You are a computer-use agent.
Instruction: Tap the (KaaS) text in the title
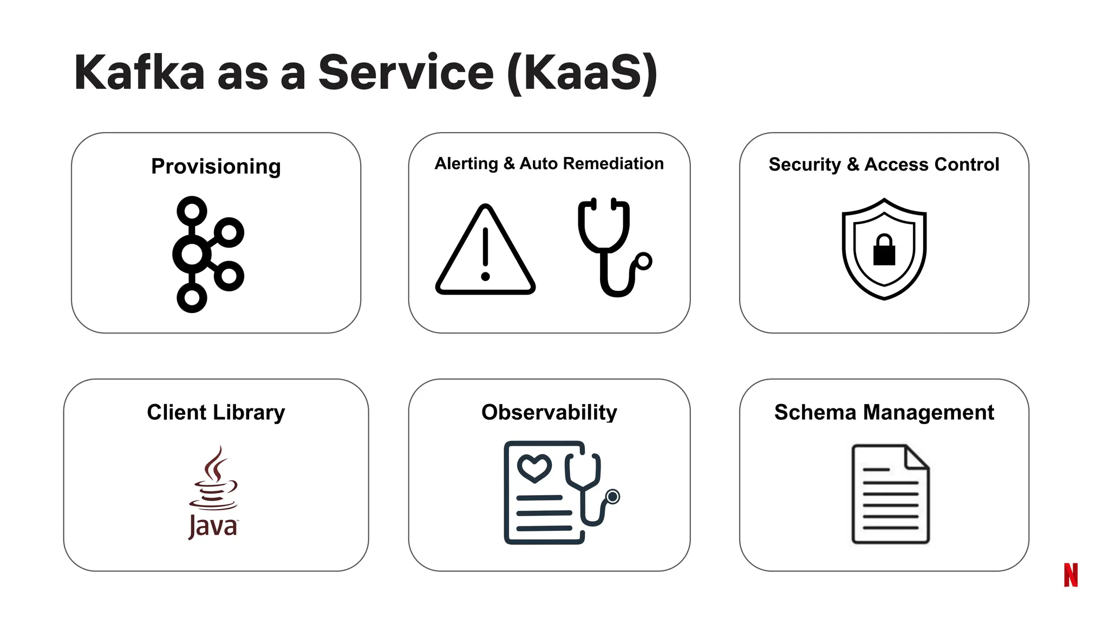point(583,73)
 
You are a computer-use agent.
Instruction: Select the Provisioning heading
point(216,166)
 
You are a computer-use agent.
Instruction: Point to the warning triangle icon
point(485,252)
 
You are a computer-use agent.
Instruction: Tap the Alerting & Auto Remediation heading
point(549,164)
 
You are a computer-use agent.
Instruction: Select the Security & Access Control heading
point(884,164)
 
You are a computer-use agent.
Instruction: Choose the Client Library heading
point(216,412)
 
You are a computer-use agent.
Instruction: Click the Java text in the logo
point(213,526)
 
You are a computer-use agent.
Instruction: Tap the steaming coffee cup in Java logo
point(214,479)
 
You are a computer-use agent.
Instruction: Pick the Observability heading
point(549,412)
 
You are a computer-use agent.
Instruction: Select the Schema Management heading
point(884,412)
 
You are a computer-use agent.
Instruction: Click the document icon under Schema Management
point(890,494)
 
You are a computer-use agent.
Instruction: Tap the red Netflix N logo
point(1071,575)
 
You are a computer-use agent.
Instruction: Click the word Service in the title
point(406,73)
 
